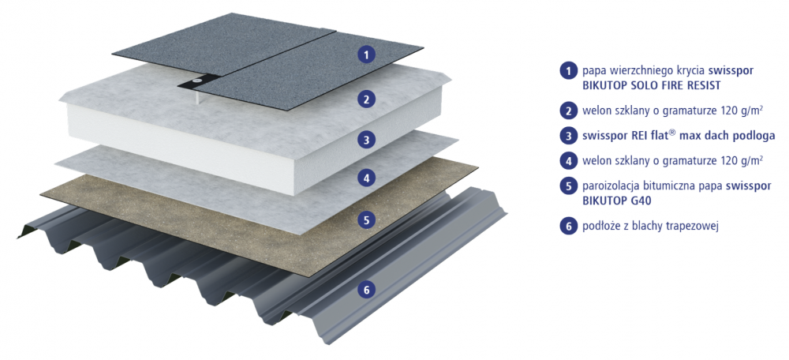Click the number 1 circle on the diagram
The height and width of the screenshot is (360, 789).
tap(367, 54)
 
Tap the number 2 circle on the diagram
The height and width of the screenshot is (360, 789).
tap(367, 99)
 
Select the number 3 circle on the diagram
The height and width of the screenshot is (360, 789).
tap(367, 141)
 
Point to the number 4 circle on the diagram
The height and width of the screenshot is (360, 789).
tap(367, 177)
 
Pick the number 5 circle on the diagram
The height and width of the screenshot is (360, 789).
tap(367, 219)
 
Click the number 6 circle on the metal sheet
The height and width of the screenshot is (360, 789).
tap(367, 290)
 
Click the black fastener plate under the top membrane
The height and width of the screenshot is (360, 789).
tap(198, 81)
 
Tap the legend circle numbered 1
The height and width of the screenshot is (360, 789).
tap(568, 70)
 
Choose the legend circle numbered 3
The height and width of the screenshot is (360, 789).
tap(568, 136)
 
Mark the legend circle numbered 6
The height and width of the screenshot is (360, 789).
tap(568, 226)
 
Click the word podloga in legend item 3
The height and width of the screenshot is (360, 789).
tap(757, 136)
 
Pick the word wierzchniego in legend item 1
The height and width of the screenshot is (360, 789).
tap(634, 71)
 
